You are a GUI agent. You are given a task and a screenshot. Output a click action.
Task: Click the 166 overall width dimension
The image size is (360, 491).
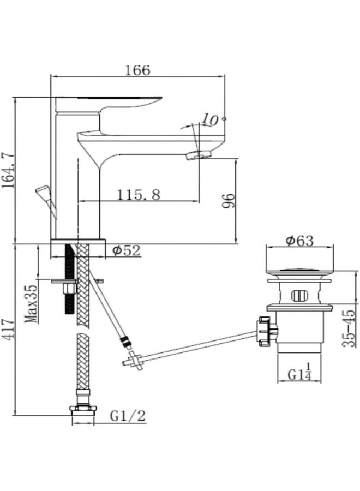[137, 70]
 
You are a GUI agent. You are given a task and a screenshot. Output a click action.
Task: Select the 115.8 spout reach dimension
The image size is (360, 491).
[139, 194]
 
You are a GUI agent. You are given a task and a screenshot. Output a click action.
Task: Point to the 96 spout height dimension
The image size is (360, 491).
[228, 201]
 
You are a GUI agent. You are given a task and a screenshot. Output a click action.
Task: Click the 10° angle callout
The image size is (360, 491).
[213, 119]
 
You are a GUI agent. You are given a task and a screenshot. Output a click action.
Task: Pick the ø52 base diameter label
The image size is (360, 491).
[127, 250]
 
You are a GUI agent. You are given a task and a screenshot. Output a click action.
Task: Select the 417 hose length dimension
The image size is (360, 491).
[8, 330]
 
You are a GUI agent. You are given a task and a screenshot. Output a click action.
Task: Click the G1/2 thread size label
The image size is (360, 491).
[128, 416]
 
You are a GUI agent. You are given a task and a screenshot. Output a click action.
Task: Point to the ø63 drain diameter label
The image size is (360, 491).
[299, 241]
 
